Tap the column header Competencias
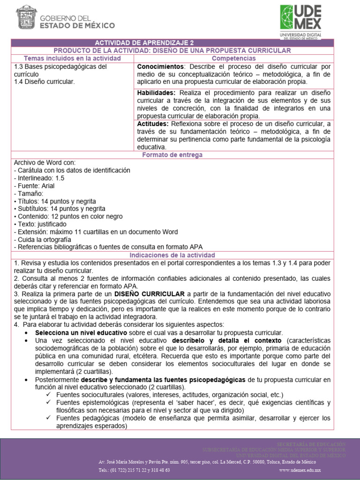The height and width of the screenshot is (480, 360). click(x=234, y=58)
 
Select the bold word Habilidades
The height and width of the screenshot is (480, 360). click(x=157, y=93)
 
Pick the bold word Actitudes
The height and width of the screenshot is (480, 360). click(x=152, y=124)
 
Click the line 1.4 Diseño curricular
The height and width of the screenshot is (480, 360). click(x=45, y=82)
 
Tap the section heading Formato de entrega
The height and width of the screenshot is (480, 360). click(x=172, y=155)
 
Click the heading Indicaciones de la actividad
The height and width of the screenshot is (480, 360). click(x=172, y=255)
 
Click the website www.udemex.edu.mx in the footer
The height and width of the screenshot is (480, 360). click(x=300, y=470)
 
